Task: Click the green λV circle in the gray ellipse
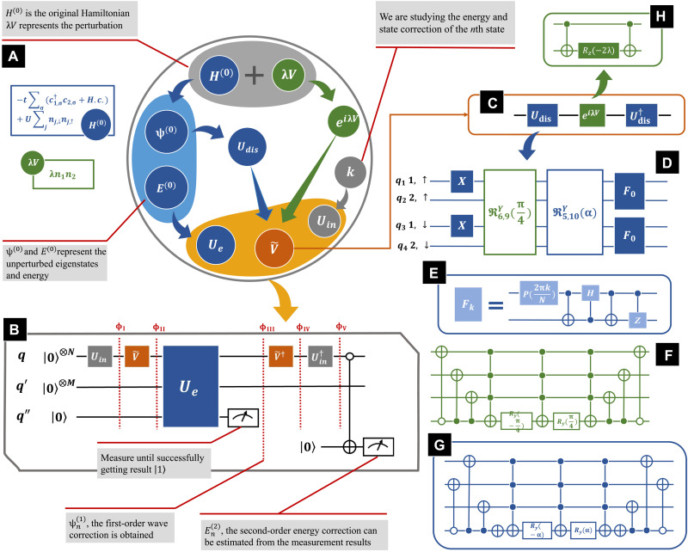coord(293,76)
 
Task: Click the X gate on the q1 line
coord(460,182)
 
